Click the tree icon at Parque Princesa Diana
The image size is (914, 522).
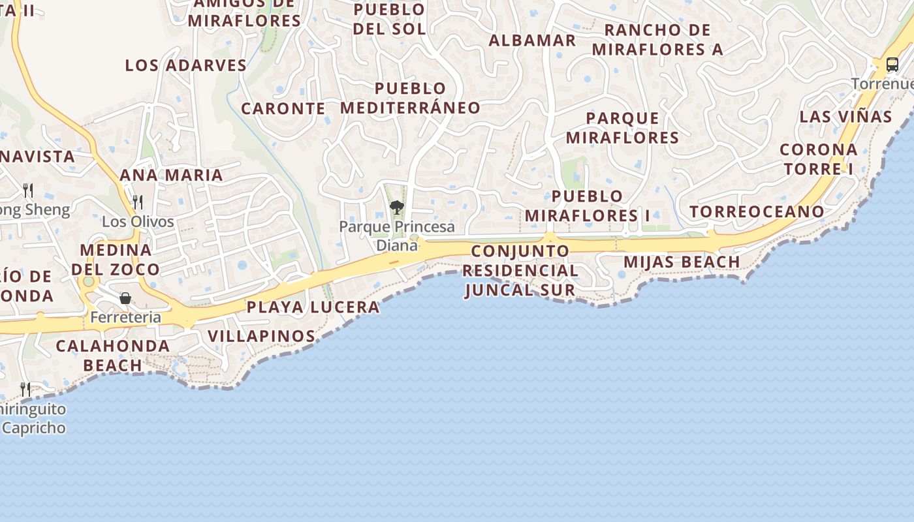pos(396,208)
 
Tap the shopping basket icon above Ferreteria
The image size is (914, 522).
pos(125,298)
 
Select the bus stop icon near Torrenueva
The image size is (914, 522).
pos(892,65)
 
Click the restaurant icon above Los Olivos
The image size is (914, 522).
pos(137,202)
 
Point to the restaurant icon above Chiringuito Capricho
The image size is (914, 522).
pos(25,390)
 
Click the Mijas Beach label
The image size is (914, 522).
pos(682,262)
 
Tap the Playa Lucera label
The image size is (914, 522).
pos(313,307)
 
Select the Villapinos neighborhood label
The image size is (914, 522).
pos(261,336)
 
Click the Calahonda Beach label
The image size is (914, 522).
pos(112,355)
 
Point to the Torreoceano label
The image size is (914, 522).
pos(757,211)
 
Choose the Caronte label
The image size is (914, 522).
pos(283,108)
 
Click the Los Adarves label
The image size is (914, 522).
pos(186,65)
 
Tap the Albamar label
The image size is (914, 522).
pos(532,40)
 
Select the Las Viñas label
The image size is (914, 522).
pos(845,117)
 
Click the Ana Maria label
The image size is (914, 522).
pos(171,175)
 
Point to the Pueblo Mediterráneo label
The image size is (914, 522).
pos(410,98)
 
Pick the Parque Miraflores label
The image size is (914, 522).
pos(622,128)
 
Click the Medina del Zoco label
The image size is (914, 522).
pos(116,260)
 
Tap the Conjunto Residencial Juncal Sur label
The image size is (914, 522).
pos(520,270)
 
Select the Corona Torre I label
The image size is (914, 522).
pos(818,159)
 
